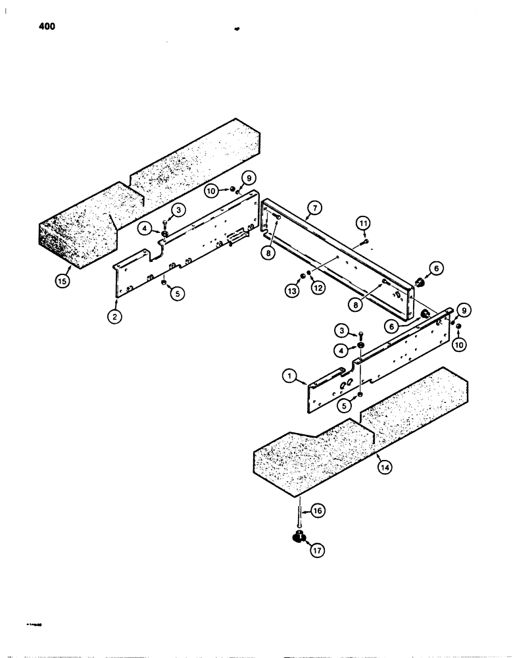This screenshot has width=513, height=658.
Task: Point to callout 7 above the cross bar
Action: tap(314, 208)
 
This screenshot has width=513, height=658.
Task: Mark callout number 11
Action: tap(362, 224)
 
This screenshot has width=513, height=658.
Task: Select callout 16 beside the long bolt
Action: tap(317, 511)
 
